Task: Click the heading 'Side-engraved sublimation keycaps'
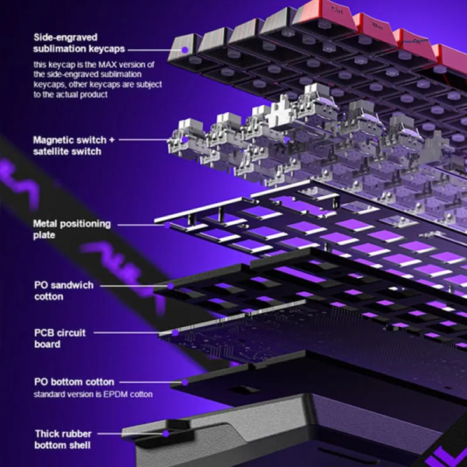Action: pos(79,43)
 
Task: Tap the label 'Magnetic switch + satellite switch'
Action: pos(74,146)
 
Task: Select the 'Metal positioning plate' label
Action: pos(72,230)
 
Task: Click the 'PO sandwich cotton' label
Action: pos(64,290)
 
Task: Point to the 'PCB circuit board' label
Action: pos(60,339)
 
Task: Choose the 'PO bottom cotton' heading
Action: pos(74,382)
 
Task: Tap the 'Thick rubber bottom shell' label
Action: pos(63,439)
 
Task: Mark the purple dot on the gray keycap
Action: pos(185,50)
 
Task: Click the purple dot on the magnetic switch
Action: pos(185,139)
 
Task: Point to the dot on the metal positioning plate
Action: pos(167,225)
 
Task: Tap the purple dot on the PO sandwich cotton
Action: pos(170,286)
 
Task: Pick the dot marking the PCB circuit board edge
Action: pos(175,332)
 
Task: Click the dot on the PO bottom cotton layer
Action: pos(185,382)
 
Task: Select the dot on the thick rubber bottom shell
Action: pos(167,434)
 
